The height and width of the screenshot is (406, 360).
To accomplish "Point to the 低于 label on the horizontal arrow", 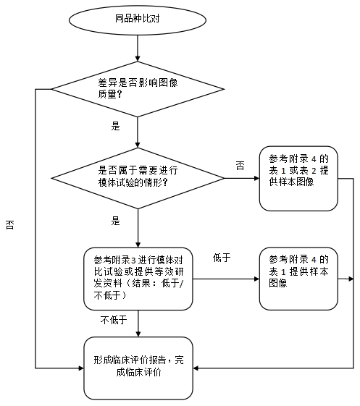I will pos(222,258).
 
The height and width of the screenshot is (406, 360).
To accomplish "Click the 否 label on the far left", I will pos(9,225).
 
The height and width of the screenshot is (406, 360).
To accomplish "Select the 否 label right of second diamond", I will pos(240,166).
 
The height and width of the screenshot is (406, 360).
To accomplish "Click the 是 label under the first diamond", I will pos(114,126).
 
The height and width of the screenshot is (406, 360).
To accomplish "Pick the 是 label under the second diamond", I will pos(115,219).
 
